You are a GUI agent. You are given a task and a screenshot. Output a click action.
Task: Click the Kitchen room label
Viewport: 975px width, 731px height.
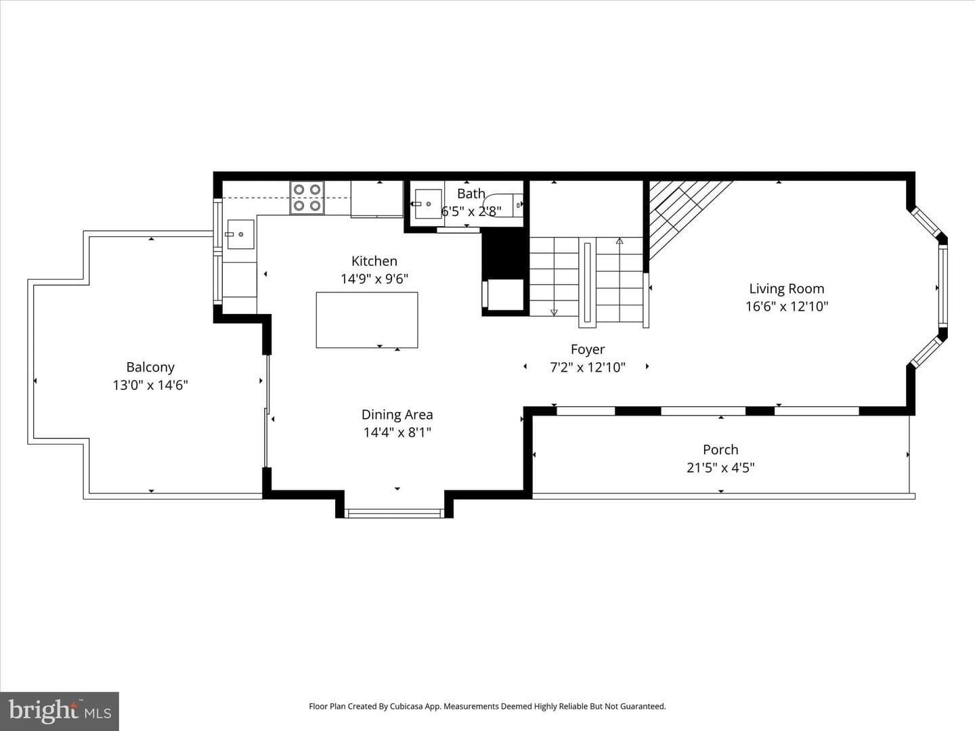(374, 261)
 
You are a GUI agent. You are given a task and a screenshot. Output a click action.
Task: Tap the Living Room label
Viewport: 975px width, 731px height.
(787, 289)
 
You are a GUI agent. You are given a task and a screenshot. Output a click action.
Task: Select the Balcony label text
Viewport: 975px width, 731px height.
(150, 368)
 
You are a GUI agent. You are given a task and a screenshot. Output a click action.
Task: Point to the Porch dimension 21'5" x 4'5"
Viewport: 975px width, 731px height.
(720, 468)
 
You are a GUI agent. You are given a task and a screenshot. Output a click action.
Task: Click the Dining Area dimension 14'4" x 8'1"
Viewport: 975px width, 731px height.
(397, 433)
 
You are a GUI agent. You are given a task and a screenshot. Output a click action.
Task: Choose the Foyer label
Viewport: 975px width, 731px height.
(588, 349)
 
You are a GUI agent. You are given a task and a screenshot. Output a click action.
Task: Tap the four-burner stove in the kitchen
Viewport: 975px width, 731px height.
(307, 198)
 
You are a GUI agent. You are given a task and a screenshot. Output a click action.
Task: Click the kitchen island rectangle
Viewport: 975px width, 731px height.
(367, 320)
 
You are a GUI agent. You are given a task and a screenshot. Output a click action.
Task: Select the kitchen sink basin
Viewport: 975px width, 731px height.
(241, 234)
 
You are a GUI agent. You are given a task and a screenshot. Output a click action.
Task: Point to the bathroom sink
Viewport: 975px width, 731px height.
(428, 204)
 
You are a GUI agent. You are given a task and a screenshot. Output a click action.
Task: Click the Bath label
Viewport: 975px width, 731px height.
(471, 194)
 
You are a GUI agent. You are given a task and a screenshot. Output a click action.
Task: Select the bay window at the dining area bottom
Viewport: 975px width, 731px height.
(394, 514)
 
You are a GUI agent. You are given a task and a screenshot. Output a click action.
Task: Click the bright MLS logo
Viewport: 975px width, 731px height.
(60, 711)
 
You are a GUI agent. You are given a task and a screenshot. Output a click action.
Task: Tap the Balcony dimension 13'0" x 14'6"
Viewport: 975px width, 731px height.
(150, 385)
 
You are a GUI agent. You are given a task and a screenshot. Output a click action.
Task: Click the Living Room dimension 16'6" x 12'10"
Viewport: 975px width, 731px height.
(787, 307)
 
